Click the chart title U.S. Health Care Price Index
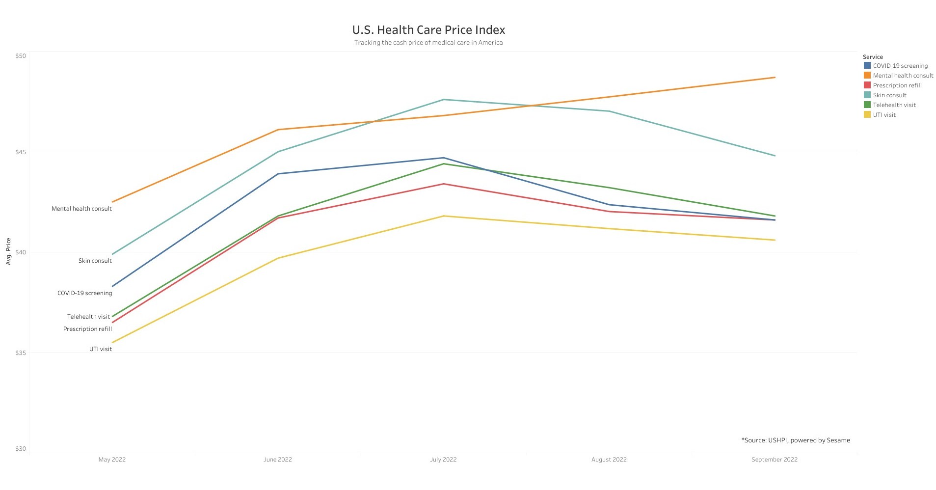pyautogui.click(x=428, y=30)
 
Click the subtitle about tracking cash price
pyautogui.click(x=428, y=43)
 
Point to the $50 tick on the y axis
pyautogui.click(x=21, y=56)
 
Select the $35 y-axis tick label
pyautogui.click(x=21, y=353)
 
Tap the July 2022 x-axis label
pyautogui.click(x=443, y=460)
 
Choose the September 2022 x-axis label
pyautogui.click(x=774, y=460)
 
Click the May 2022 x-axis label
pyautogui.click(x=112, y=460)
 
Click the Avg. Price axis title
pyautogui.click(x=8, y=251)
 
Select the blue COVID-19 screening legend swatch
pyautogui.click(x=867, y=65)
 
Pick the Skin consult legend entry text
pyautogui.click(x=889, y=95)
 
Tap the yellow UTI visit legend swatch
pyautogui.click(x=867, y=114)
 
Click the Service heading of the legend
pyautogui.click(x=873, y=57)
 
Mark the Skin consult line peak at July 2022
pyautogui.click(x=444, y=100)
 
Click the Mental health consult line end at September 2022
pyautogui.click(x=775, y=78)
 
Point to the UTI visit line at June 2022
pyautogui.click(x=278, y=258)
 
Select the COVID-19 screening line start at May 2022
pyautogui.click(x=113, y=286)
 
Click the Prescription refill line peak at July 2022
pyautogui.click(x=444, y=184)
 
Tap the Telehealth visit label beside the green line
pyautogui.click(x=88, y=317)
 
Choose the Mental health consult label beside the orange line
pyautogui.click(x=81, y=209)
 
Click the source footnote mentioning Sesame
pyautogui.click(x=796, y=440)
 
